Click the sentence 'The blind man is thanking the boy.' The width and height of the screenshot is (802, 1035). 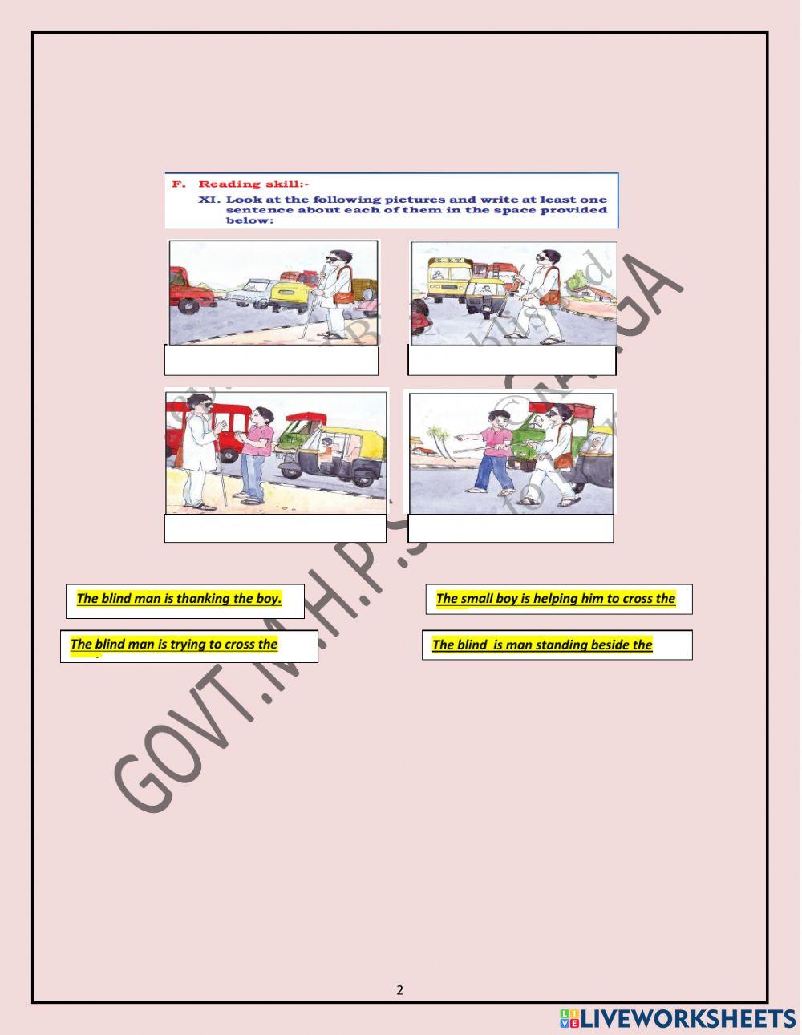179,599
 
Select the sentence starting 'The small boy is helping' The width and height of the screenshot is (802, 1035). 555,599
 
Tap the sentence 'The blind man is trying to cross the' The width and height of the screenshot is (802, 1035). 174,645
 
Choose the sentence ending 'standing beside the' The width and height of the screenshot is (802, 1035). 542,645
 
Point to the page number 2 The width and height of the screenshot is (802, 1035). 400,990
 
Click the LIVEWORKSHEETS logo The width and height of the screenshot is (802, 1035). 678,1018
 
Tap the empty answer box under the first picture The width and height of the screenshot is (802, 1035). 271,361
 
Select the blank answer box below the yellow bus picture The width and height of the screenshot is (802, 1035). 512,361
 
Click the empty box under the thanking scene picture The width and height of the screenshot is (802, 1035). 275,528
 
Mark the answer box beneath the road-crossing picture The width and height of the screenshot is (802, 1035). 510,528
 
